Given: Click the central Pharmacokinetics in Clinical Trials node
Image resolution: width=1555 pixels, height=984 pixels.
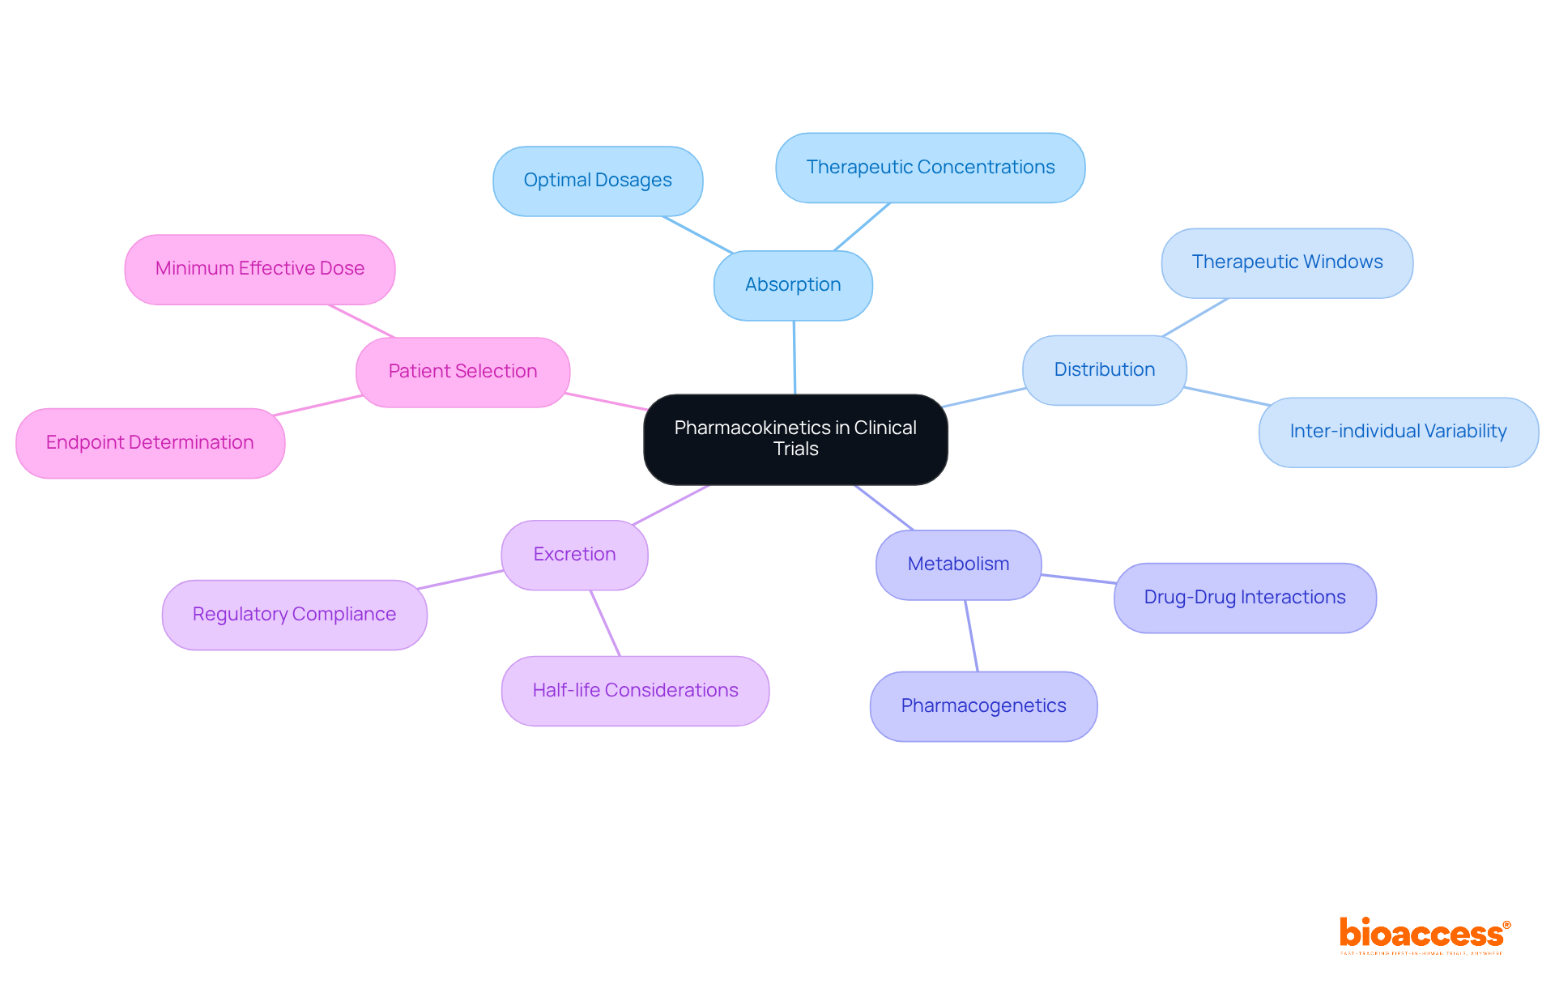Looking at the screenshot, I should (795, 439).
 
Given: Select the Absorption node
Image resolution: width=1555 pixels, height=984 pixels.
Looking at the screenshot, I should (793, 285).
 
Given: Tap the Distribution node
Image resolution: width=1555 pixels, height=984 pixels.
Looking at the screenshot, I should (1104, 370).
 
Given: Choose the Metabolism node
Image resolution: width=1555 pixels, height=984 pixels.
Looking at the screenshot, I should (958, 564).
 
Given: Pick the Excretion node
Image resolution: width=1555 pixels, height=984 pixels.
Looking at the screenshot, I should (574, 555).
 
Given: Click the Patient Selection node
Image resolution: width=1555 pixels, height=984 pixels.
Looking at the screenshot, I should (462, 372).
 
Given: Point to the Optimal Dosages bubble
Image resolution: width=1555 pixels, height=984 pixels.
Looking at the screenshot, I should (598, 181).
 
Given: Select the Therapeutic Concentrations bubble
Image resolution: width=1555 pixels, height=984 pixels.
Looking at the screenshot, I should (930, 168).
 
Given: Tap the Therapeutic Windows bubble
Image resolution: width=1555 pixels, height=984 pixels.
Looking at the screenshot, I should (1287, 262).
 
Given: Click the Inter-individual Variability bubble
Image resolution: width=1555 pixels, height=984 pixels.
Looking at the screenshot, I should (1398, 432).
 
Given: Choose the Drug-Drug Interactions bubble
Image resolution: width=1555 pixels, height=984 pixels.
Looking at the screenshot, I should (1244, 598).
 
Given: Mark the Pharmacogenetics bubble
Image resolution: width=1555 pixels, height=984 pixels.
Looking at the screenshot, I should (983, 706).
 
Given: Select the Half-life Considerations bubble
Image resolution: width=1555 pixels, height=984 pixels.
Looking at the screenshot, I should (635, 691).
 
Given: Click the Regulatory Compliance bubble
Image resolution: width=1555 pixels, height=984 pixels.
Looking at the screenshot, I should (294, 615).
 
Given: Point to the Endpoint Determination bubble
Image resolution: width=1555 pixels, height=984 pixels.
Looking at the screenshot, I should (150, 443).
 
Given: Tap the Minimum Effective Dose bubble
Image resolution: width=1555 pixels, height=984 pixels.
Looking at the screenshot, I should (259, 269).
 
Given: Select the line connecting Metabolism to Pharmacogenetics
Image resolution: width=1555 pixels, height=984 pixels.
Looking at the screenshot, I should (971, 636).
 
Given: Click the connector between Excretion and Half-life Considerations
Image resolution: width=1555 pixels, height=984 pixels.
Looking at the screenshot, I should (605, 623).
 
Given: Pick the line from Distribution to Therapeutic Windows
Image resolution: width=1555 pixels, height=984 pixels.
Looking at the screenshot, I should (1195, 317).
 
